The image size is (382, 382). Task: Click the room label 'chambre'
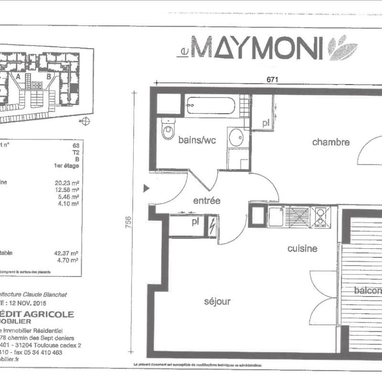click(331, 142)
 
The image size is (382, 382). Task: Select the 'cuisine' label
click(302, 248)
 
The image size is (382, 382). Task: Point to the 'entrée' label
click(206, 201)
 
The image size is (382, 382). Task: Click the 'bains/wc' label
click(197, 140)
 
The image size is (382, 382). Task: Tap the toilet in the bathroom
click(168, 129)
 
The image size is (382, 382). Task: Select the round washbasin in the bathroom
click(235, 138)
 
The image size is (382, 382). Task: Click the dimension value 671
click(272, 80)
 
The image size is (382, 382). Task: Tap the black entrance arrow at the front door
click(147, 189)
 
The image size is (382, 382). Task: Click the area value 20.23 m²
click(67, 182)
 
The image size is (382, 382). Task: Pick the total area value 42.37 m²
click(67, 254)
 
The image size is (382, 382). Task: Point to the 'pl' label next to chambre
click(265, 123)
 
